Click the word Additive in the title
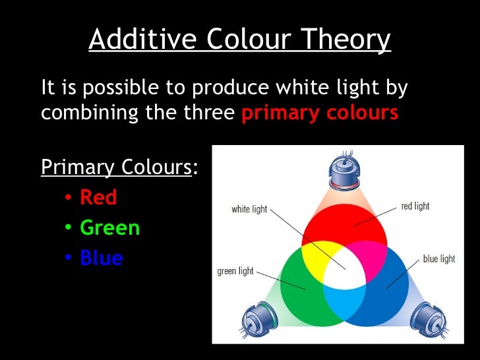pyautogui.click(x=140, y=40)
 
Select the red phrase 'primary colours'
pyautogui.click(x=320, y=113)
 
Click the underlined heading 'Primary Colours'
pyautogui.click(x=116, y=167)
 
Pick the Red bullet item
pyautogui.click(x=98, y=197)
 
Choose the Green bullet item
pyautogui.click(x=109, y=227)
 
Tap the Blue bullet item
pyautogui.click(x=102, y=258)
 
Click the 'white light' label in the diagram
pyautogui.click(x=249, y=209)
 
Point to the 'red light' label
pyautogui.click(x=415, y=206)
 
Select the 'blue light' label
pyautogui.click(x=438, y=258)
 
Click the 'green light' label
pyautogui.click(x=235, y=271)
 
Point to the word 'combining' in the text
pyautogui.click(x=86, y=113)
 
